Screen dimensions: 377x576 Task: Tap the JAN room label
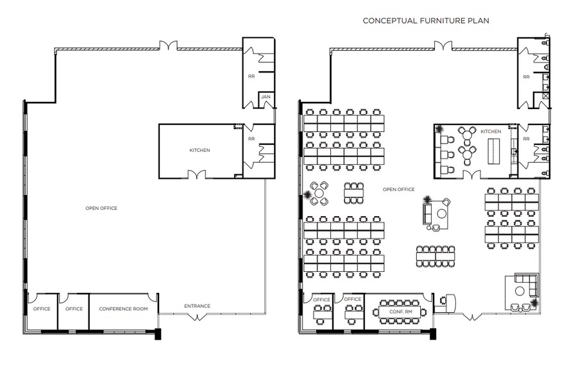click(x=265, y=97)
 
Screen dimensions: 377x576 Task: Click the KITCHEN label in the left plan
click(x=199, y=151)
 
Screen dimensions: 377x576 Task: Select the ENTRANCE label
click(x=197, y=306)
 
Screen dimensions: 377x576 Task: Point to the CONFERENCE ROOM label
click(x=123, y=309)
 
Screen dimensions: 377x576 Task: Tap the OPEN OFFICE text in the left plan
click(x=101, y=208)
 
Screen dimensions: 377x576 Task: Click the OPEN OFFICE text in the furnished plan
click(x=398, y=189)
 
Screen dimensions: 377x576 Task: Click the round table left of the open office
click(x=319, y=194)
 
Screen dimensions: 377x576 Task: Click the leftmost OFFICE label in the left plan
click(x=42, y=309)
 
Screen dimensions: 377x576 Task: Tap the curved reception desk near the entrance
click(x=448, y=301)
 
